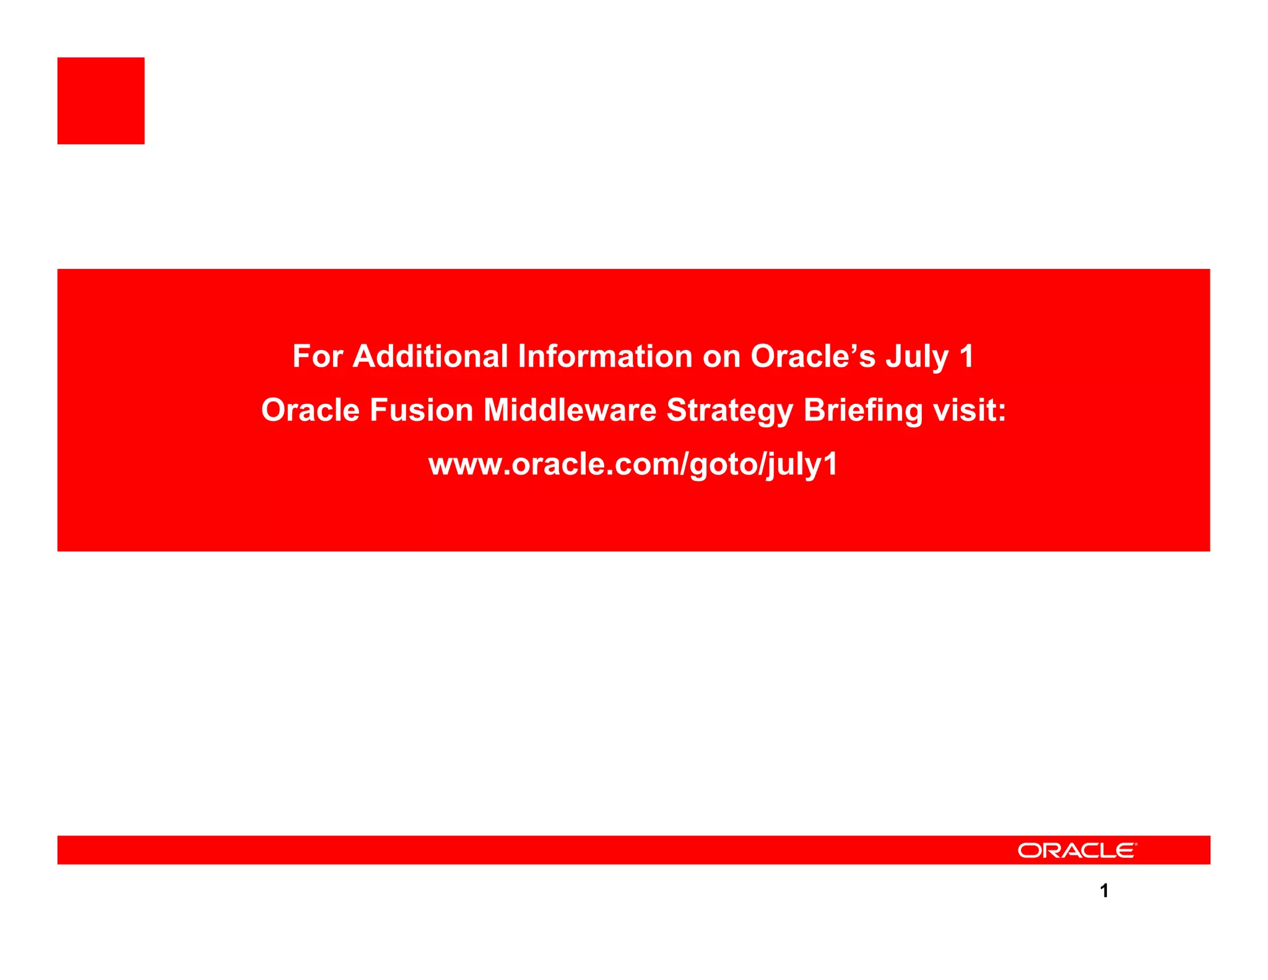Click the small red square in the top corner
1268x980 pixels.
point(101,101)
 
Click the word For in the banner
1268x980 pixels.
point(318,357)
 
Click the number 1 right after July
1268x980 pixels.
point(966,357)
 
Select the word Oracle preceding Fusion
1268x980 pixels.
point(311,411)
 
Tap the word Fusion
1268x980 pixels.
point(422,411)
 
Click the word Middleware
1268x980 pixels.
point(570,411)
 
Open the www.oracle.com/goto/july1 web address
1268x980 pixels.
point(633,465)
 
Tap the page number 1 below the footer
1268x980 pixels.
point(1104,891)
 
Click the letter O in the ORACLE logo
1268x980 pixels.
point(1030,851)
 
